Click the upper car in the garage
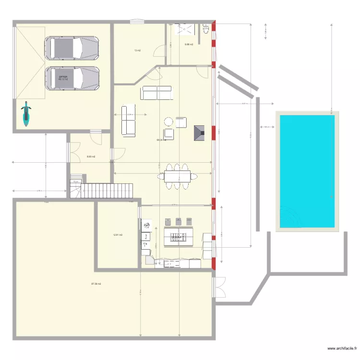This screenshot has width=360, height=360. pyautogui.click(x=72, y=48)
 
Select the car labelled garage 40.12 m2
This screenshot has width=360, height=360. pyautogui.click(x=72, y=78)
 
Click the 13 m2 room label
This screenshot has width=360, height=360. pyautogui.click(x=137, y=50)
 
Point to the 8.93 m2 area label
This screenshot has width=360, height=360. pyautogui.click(x=91, y=156)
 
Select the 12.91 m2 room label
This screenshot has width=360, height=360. pyautogui.click(x=118, y=235)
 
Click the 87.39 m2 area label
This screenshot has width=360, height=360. pyautogui.click(x=96, y=284)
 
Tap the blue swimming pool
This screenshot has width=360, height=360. pyautogui.click(x=307, y=170)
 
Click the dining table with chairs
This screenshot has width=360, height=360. pyautogui.click(x=177, y=177)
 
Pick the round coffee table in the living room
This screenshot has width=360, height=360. pyautogui.click(x=168, y=121)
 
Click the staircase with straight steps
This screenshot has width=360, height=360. pyautogui.click(x=108, y=190)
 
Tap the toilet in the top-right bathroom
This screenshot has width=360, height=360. pyautogui.click(x=206, y=29)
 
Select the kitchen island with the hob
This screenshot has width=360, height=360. pyautogui.click(x=178, y=236)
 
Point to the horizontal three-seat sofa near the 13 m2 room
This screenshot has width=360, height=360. pyautogui.click(x=156, y=93)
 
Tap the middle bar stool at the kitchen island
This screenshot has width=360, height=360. pyautogui.click(x=179, y=221)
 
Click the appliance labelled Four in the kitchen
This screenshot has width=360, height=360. pyautogui.click(x=146, y=236)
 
